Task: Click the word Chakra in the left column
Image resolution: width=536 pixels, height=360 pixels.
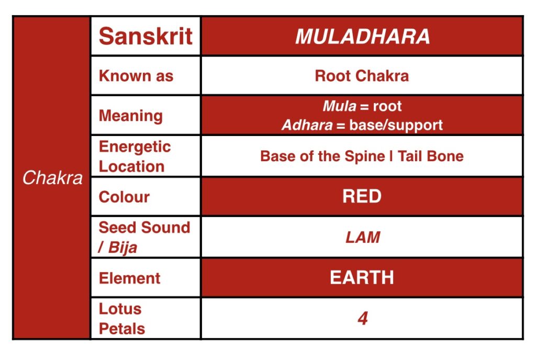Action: pos(52,178)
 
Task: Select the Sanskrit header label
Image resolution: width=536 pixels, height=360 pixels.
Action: pos(146,36)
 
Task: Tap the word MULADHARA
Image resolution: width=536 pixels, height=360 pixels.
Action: pos(362,37)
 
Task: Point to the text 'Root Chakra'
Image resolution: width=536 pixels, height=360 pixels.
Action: pos(362,76)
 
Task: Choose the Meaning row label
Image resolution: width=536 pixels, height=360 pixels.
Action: pos(130,115)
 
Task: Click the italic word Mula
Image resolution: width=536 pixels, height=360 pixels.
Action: pos(339,106)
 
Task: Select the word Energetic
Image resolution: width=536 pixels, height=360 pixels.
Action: pos(135,147)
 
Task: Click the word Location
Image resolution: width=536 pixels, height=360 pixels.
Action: pos(132,166)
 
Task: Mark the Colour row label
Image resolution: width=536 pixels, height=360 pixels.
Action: pos(124,197)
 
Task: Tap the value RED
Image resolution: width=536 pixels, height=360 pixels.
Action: pos(362,196)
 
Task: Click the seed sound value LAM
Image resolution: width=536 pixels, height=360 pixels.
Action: pos(362,238)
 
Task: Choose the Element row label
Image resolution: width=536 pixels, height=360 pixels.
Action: pos(129,278)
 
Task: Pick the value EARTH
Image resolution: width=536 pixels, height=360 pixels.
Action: pos(362,277)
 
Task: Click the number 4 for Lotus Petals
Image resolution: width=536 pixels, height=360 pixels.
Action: pos(362,319)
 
